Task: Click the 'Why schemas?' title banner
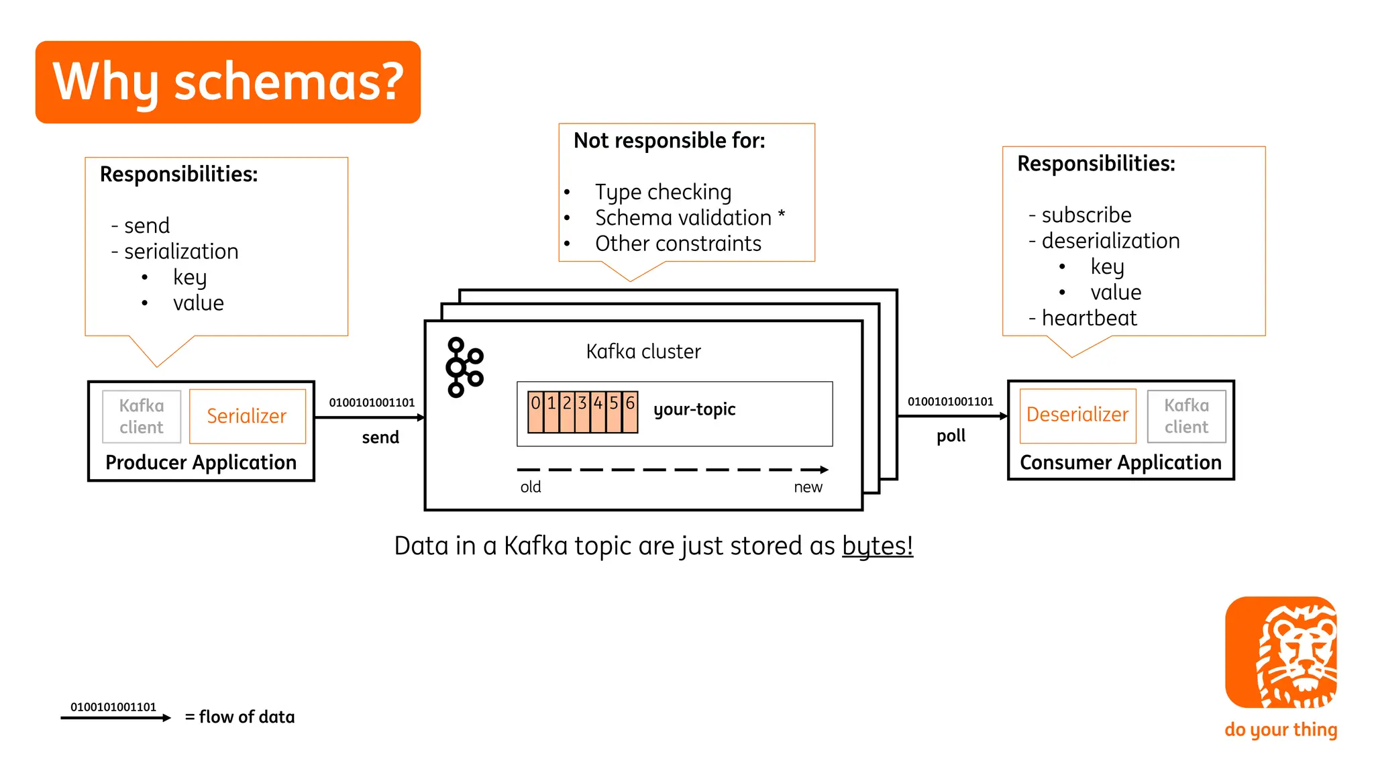coord(228,82)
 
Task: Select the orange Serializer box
coord(247,416)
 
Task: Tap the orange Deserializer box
coord(1077,415)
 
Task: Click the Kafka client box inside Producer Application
coord(142,417)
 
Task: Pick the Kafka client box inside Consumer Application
coord(1186,416)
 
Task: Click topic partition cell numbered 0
coord(535,411)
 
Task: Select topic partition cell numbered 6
coord(630,411)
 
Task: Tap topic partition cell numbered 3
coord(582,411)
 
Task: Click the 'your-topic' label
coord(694,409)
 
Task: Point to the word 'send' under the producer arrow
coord(380,437)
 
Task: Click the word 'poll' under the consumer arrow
coord(951,436)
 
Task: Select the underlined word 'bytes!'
coord(877,546)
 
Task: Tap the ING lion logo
coord(1281,652)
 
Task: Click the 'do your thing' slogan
coord(1281,729)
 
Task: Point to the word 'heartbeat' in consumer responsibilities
coord(1089,318)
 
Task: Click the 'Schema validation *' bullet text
coord(690,218)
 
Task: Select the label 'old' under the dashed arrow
coord(531,487)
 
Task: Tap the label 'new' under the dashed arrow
coord(808,487)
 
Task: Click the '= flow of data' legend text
coord(240,717)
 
